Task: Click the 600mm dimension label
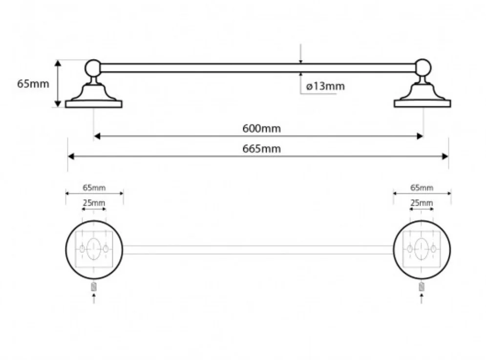tap(261, 129)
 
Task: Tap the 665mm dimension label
tap(261, 149)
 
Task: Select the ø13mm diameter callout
tap(325, 86)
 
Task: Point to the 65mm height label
tap(33, 84)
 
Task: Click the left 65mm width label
tap(94, 188)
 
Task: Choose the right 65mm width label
tap(422, 188)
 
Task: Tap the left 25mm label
tap(94, 203)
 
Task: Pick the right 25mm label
tap(422, 203)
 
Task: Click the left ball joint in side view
tap(93, 67)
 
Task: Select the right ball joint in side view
tap(423, 67)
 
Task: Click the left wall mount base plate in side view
tap(93, 104)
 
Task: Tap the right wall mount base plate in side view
tap(423, 104)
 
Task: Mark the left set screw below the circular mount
tap(94, 287)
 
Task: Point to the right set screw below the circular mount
tap(422, 287)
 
